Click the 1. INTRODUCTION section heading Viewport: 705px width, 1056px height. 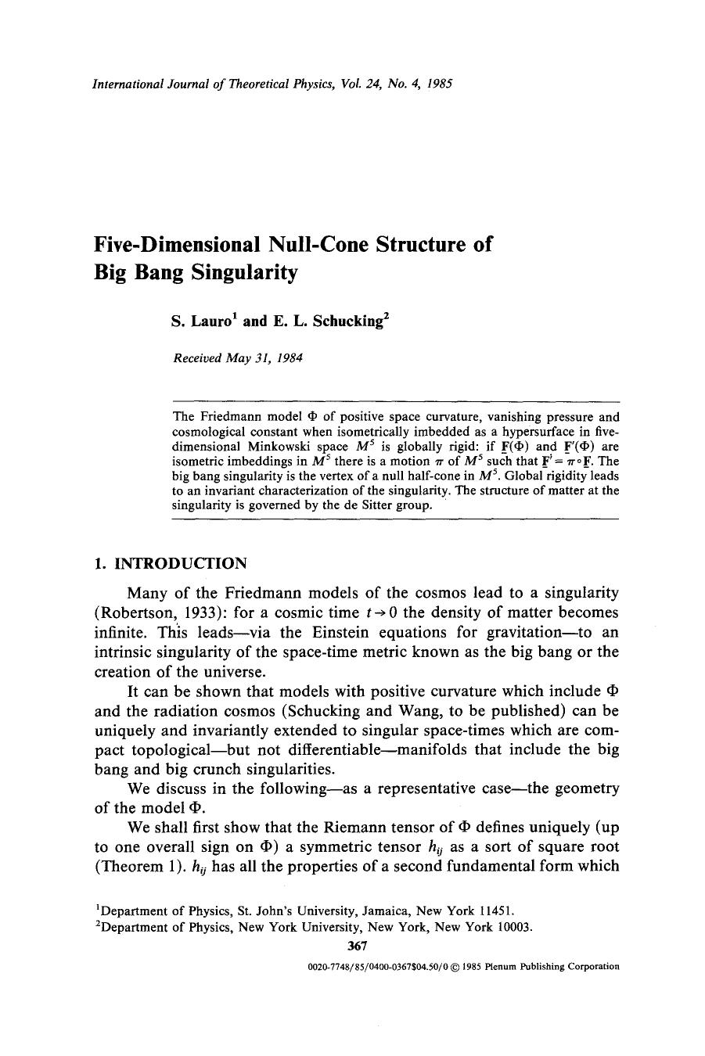[170, 563]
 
